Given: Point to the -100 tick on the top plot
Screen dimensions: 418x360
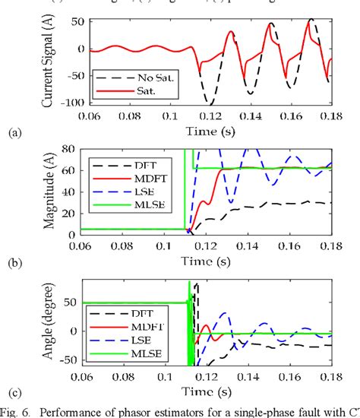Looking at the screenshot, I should (74, 103).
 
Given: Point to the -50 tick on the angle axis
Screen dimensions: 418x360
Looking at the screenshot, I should (76, 358).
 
